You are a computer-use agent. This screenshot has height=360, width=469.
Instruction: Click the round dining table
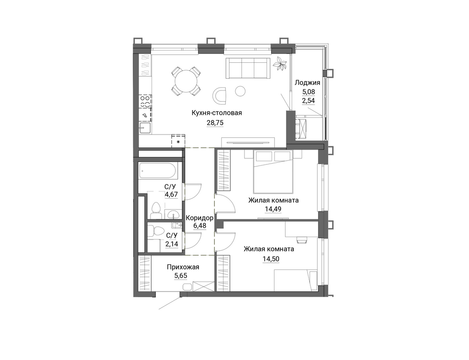coord(186,81)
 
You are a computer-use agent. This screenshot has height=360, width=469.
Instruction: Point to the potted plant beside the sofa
coord(280,63)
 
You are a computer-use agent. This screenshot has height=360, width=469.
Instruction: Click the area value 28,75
coord(215,123)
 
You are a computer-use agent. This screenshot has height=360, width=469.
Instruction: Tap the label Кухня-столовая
coord(217,113)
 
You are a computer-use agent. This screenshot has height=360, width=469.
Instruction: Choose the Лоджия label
coord(308,83)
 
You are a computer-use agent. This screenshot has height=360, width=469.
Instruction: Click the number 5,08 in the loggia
coord(309,92)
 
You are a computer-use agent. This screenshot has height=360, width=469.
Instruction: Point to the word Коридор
coord(199,218)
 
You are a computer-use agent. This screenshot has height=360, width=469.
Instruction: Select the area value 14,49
coord(273,209)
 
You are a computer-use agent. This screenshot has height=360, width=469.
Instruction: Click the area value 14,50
coord(271,259)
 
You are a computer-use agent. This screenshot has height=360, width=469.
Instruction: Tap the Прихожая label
coord(183,267)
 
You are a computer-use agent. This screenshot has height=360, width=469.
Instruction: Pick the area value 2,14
coord(172,244)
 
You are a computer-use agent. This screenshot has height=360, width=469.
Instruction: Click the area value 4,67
coord(172,195)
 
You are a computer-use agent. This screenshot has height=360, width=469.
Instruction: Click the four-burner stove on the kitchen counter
coord(145,101)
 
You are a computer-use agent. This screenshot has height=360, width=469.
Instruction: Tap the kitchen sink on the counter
coord(145,128)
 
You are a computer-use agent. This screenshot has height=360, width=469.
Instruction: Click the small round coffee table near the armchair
coord(240,91)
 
